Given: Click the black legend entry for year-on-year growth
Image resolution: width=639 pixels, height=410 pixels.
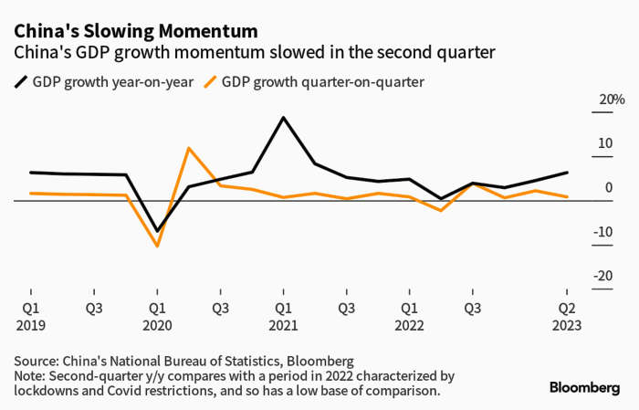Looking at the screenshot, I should pos(104,82).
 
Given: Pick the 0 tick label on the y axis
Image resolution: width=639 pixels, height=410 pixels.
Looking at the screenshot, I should pos(608,188).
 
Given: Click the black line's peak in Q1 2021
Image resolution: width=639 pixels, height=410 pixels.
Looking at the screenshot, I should pos(283,118).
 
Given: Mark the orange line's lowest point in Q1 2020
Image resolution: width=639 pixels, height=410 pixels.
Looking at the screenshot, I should pos(157,246).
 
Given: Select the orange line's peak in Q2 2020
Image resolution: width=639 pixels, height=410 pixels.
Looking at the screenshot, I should pos(188,148).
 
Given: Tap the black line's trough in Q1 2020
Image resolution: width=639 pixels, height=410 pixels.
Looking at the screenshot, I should pos(157,231).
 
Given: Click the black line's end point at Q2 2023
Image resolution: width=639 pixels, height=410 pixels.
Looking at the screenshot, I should pos(567,173).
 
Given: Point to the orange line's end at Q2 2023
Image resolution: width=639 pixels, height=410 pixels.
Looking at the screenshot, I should pos(567,197).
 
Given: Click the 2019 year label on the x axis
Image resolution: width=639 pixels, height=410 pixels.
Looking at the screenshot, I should pos(30,325).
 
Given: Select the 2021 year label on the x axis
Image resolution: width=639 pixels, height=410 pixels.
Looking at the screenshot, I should pos(283,325).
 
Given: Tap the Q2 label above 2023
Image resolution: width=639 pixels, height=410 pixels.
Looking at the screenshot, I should pos(567,308).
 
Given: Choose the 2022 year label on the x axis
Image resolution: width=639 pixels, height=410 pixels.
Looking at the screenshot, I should pos(409,325).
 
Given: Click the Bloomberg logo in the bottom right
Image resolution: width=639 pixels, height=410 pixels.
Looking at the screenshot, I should pos(584,388).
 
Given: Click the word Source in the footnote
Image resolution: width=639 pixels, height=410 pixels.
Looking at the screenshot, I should pos(36,361).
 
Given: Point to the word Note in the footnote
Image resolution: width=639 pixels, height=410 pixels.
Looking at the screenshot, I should pos(28,375).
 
